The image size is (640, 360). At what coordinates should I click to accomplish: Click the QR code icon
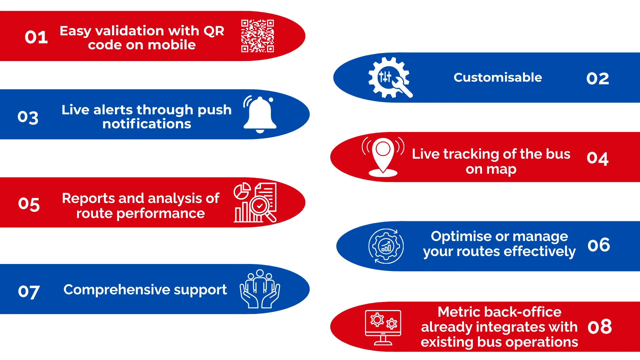pos(257,36)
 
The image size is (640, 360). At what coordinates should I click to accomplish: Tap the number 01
pos(36,37)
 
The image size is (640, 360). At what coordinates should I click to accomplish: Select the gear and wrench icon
pos(390,77)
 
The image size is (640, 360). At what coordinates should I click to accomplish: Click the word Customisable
pos(498,77)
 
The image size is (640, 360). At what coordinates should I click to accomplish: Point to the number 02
pos(598,79)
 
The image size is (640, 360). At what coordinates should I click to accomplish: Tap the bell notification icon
pos(260,114)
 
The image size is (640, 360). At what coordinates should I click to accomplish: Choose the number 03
pos(28,117)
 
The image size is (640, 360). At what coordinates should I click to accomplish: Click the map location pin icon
pos(383,157)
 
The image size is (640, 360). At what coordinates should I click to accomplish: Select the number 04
pos(598,158)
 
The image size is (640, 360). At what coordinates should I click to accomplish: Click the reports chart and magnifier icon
pos(255,202)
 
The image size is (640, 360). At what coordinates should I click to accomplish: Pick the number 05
pos(29,204)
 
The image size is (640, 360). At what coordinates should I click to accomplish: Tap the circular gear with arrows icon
pos(386,246)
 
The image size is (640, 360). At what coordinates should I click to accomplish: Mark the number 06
pos(599,245)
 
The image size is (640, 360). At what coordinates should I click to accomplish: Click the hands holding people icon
pos(260,289)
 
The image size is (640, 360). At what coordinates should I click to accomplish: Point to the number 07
pos(29,292)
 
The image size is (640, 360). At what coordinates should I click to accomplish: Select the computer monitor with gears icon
pos(383,327)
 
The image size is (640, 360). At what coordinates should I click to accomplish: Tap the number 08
pos(600,327)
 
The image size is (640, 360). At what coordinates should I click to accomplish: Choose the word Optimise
pos(461,237)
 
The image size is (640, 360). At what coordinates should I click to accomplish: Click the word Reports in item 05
pos(88,199)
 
